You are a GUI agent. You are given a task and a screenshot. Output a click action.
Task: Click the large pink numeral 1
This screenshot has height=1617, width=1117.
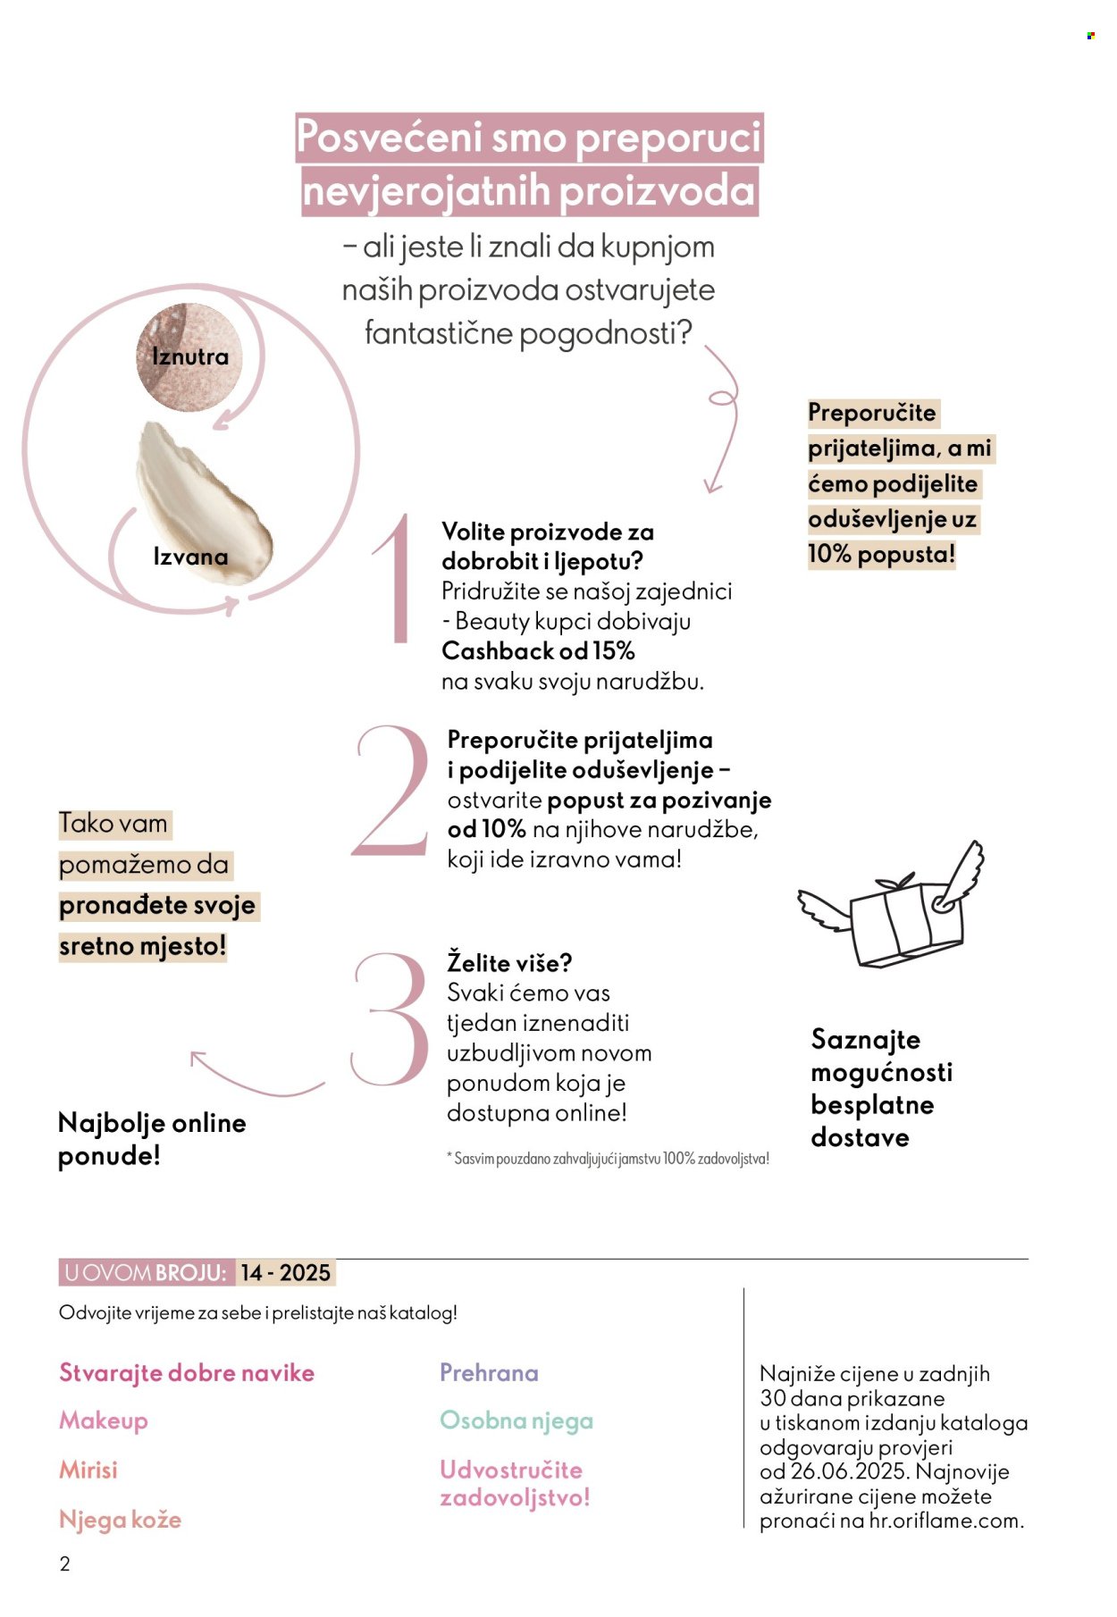(393, 578)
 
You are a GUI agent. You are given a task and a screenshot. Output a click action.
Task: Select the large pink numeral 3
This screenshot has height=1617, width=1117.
(390, 1018)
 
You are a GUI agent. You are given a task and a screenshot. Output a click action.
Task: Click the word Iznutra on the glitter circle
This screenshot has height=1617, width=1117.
(190, 356)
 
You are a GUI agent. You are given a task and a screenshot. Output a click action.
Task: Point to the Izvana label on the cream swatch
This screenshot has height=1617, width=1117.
(190, 557)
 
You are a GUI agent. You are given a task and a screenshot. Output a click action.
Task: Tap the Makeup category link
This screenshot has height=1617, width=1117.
(104, 1420)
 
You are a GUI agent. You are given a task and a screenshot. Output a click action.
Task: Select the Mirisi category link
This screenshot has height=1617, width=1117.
(88, 1470)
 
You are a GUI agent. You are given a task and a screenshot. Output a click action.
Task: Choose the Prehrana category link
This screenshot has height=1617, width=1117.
(489, 1372)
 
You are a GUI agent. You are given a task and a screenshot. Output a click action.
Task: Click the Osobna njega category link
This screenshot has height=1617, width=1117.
(517, 1420)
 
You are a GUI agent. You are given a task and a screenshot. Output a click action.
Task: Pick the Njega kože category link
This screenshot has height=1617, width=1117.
(120, 1520)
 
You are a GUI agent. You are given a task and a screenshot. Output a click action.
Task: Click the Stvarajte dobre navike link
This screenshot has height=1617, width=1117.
(187, 1372)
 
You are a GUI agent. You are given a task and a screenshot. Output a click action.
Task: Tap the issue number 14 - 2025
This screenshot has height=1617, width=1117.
(285, 1272)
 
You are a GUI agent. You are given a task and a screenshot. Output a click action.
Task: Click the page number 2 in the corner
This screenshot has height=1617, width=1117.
(64, 1563)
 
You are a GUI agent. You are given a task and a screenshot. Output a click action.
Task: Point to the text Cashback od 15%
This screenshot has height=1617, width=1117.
(538, 650)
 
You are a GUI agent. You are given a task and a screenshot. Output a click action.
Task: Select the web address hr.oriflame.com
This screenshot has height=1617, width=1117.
(945, 1521)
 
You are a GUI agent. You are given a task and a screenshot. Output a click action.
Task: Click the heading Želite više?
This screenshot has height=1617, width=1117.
(509, 963)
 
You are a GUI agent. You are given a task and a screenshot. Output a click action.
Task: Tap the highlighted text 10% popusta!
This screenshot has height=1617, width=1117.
(881, 555)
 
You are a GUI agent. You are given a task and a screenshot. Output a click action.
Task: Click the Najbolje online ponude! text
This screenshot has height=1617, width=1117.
(151, 1139)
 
